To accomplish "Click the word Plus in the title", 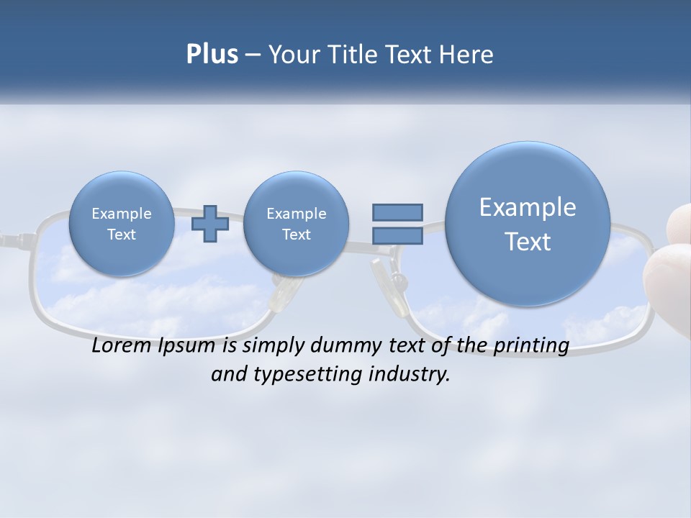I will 212,55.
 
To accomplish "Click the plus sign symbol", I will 210,224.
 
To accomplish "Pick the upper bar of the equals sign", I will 397,212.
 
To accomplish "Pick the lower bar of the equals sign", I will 397,235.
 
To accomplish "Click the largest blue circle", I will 528,224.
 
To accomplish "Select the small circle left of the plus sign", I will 122,224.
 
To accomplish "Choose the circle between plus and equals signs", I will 296,224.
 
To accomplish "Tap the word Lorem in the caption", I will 122,346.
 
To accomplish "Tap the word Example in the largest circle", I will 528,207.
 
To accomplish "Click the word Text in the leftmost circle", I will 122,235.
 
